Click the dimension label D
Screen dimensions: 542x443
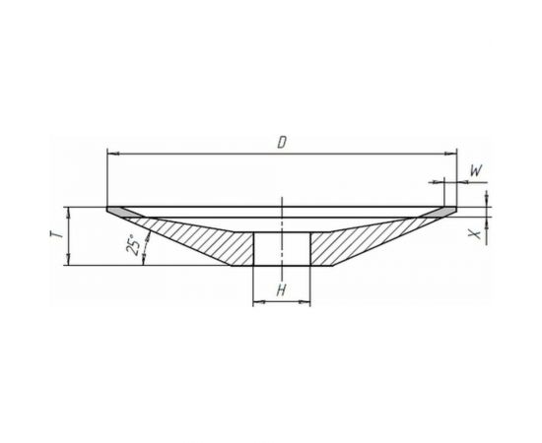[x=282, y=143]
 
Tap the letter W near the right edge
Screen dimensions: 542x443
[x=476, y=170]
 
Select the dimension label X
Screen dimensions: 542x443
[x=476, y=233]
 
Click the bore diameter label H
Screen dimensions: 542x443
[x=282, y=290]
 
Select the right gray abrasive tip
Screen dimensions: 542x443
[x=439, y=212]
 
